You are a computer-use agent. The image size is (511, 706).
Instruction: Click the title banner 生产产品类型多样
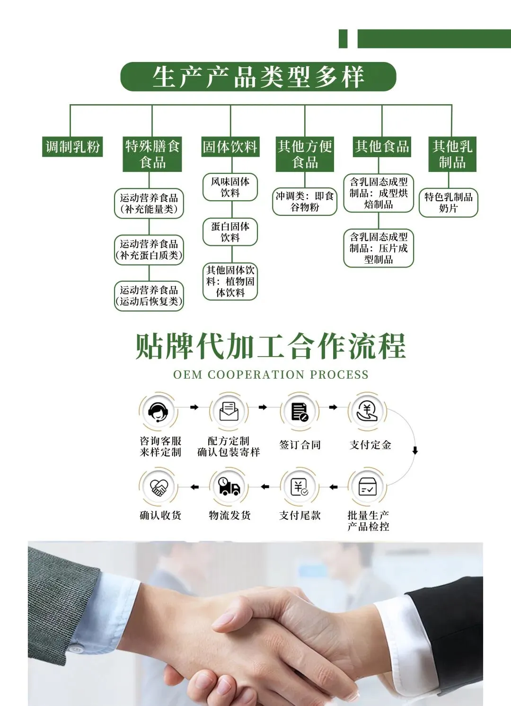pos(258,77)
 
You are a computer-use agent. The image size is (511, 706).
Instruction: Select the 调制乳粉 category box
pos(72,147)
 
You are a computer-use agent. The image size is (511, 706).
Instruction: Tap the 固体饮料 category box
pos(230,147)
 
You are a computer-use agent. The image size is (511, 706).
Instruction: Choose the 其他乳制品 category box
pos(452,154)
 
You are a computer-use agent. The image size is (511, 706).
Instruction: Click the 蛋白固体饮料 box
pos(230,232)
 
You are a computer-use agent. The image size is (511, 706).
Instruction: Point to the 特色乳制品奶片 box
pos(448,203)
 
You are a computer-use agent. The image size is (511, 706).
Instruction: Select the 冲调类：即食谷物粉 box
pos(305,202)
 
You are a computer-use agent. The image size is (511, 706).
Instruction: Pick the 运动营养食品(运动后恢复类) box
pos(149,296)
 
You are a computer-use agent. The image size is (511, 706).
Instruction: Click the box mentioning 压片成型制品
pos(379,248)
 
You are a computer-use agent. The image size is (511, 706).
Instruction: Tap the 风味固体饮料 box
pos(230,187)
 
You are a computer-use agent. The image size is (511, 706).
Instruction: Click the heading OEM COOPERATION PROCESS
pos(271,375)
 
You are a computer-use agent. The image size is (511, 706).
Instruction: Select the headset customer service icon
pos(159,411)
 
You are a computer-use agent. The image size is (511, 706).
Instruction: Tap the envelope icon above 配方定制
pos(229,411)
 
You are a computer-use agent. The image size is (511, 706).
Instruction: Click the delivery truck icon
pos(229,486)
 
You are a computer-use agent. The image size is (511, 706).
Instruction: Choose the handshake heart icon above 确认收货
pos(159,487)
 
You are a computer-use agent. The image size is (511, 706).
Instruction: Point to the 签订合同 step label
pos(300,445)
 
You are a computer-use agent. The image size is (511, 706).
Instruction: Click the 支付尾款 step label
pos(300,515)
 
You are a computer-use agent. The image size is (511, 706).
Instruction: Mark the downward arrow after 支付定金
pos(415,450)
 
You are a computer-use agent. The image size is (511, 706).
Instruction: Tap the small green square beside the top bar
pos(343,39)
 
